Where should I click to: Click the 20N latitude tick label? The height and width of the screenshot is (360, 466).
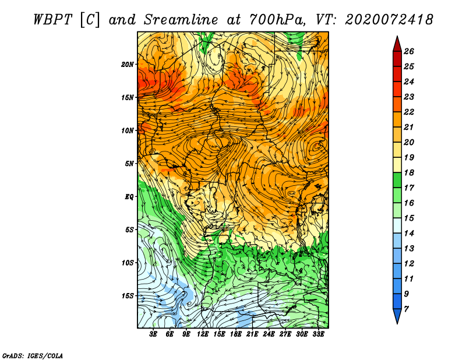coord(128,65)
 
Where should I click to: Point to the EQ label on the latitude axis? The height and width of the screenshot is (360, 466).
coord(129,197)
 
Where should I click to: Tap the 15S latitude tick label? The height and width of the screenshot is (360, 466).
coord(128,296)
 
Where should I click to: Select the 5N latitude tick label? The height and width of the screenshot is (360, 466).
coord(129,164)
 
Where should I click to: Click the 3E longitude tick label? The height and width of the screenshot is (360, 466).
coord(153,334)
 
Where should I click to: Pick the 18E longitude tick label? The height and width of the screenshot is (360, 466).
coord(236,334)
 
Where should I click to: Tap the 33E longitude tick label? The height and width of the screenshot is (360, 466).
coord(318,334)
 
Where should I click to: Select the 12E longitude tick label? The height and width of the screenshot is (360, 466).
coord(203,334)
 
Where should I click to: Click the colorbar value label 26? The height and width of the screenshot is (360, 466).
coord(409,51)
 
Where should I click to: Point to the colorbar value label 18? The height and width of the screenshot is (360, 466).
coord(409,172)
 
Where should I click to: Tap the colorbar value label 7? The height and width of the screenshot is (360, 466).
coord(406,309)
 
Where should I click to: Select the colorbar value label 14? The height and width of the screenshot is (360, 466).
coord(409,234)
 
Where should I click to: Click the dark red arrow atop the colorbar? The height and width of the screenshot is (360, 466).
coord(397,44)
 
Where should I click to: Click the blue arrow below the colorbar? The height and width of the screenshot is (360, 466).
coord(397,316)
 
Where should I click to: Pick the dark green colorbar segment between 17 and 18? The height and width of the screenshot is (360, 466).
coord(397,180)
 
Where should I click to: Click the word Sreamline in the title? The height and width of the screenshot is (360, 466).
coord(181,20)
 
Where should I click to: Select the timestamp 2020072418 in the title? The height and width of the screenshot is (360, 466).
coord(389,20)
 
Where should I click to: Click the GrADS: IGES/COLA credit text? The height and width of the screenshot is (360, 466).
coord(33,355)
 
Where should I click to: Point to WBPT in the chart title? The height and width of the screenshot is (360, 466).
coord(52,20)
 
